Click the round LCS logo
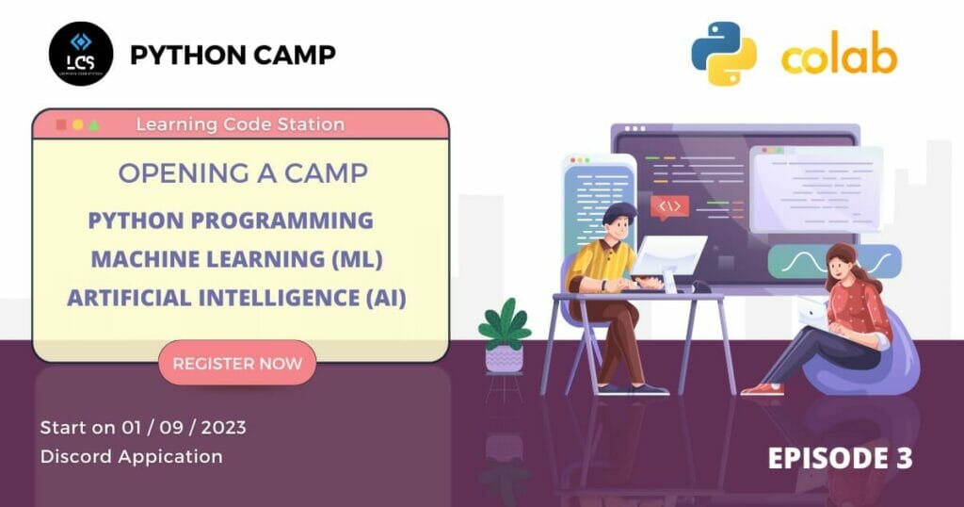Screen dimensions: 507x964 coord(81,54)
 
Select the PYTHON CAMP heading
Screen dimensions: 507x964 coord(233,55)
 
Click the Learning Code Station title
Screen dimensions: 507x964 coord(240,123)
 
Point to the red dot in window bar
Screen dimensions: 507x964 coord(61,124)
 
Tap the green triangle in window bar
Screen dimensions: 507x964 coord(93,124)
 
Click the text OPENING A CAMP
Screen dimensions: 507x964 coord(243,173)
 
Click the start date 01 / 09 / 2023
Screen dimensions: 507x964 coord(184,427)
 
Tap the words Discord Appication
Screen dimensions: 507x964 coord(132,456)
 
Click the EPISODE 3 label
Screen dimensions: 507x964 coord(840,458)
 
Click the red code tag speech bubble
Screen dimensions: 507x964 coord(669,206)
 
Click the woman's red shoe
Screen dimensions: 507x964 coord(762,388)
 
